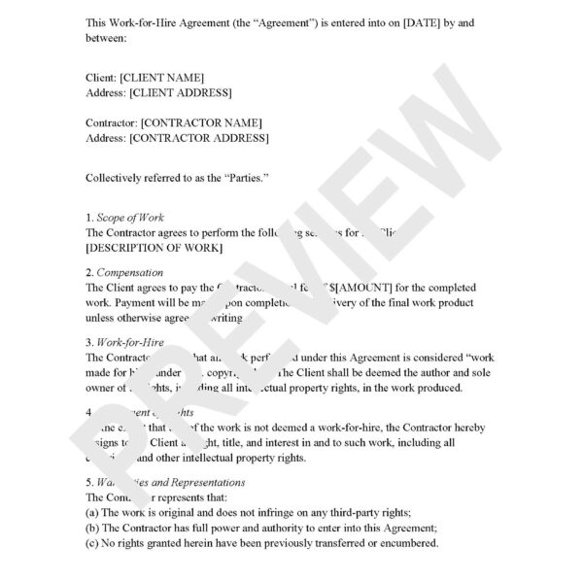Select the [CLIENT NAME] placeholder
point(161,77)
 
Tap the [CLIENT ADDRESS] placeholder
point(181,92)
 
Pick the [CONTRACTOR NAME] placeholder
point(201,123)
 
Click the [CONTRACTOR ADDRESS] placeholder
point(199,139)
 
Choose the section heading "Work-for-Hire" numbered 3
point(132,343)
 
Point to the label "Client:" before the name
point(101,77)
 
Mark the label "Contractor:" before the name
point(112,123)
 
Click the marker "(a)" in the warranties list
point(94,513)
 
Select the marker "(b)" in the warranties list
point(94,529)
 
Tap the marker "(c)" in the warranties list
point(94,544)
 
